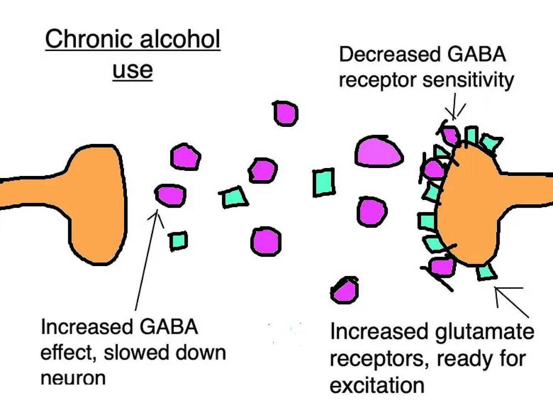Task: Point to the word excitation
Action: (377, 385)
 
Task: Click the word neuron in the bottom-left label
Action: (73, 378)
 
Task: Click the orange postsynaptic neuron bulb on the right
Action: (470, 206)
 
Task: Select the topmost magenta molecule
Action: (285, 113)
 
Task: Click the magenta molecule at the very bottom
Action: (345, 290)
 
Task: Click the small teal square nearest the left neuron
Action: (178, 241)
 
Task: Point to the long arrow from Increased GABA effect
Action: (146, 261)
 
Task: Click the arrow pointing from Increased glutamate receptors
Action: (512, 302)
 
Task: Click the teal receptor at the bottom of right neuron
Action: (487, 272)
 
